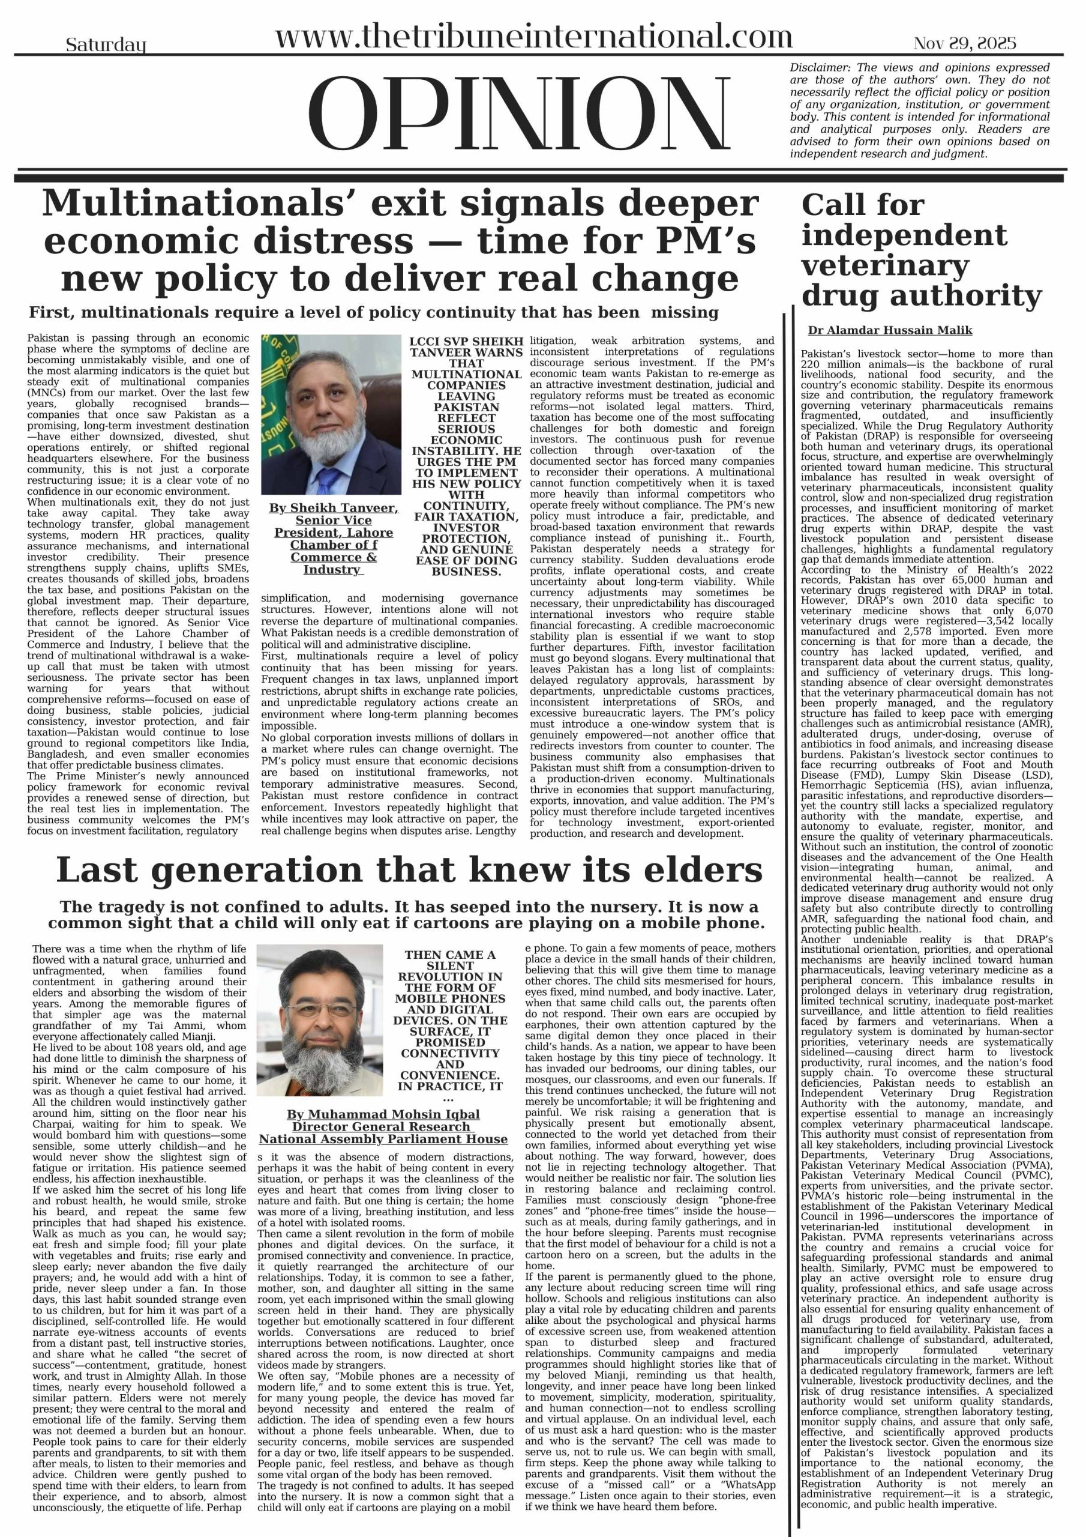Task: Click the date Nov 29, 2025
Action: [x=964, y=43]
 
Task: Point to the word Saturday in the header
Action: [x=106, y=46]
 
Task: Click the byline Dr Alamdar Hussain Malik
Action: [x=889, y=330]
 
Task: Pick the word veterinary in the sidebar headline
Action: [x=884, y=266]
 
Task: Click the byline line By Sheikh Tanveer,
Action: [x=333, y=508]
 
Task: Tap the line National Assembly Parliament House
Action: [x=383, y=1139]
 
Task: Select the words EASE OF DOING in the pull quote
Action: [x=466, y=560]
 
